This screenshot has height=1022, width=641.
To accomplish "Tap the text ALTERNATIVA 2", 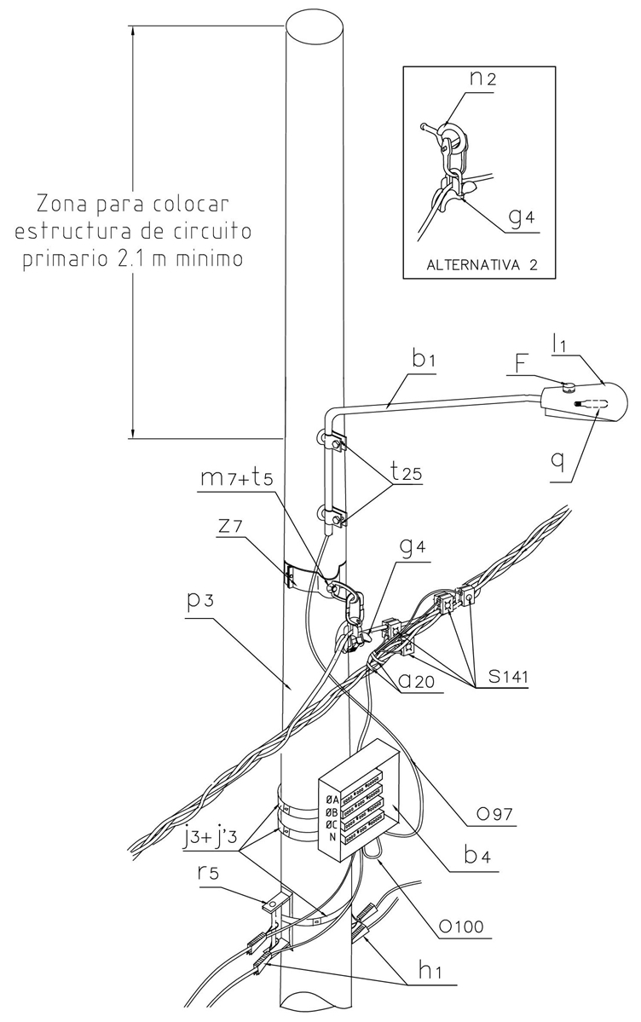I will (482, 264).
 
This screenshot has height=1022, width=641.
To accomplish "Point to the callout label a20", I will (419, 679).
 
